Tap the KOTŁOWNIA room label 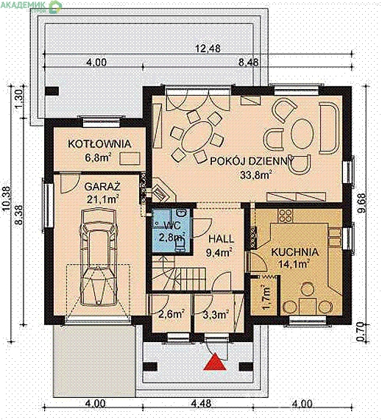(99, 144)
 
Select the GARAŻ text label (102, 187)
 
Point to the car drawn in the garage (100, 257)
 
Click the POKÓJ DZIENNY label (252, 161)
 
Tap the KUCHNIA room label (295, 252)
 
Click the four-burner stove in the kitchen (286, 216)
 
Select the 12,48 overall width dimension (208, 49)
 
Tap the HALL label (221, 239)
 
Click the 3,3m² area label (216, 314)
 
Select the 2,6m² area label (171, 314)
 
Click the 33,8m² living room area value (255, 175)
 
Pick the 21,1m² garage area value (102, 199)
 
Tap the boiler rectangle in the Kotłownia (130, 158)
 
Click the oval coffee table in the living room (302, 134)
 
